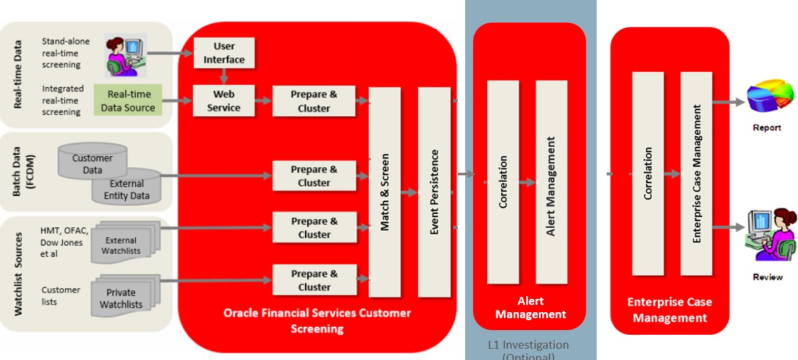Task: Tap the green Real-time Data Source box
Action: [128, 100]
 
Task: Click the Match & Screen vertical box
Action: [385, 192]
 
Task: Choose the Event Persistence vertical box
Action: [435, 192]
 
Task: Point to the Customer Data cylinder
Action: [92, 163]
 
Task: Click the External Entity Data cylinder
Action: [127, 189]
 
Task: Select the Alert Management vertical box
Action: [551, 182]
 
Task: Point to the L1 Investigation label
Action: [528, 345]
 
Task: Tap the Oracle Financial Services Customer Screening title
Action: [317, 320]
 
